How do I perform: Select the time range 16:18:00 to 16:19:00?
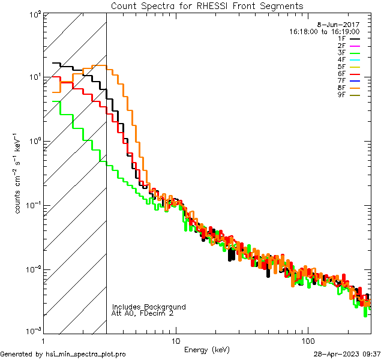[324, 31]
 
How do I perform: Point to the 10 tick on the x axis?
[175, 340]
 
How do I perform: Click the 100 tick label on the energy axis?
[308, 340]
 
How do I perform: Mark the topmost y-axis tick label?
[34, 13]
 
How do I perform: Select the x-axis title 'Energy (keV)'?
[207, 349]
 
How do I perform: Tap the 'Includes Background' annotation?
[149, 307]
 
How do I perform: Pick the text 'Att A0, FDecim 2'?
[142, 313]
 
